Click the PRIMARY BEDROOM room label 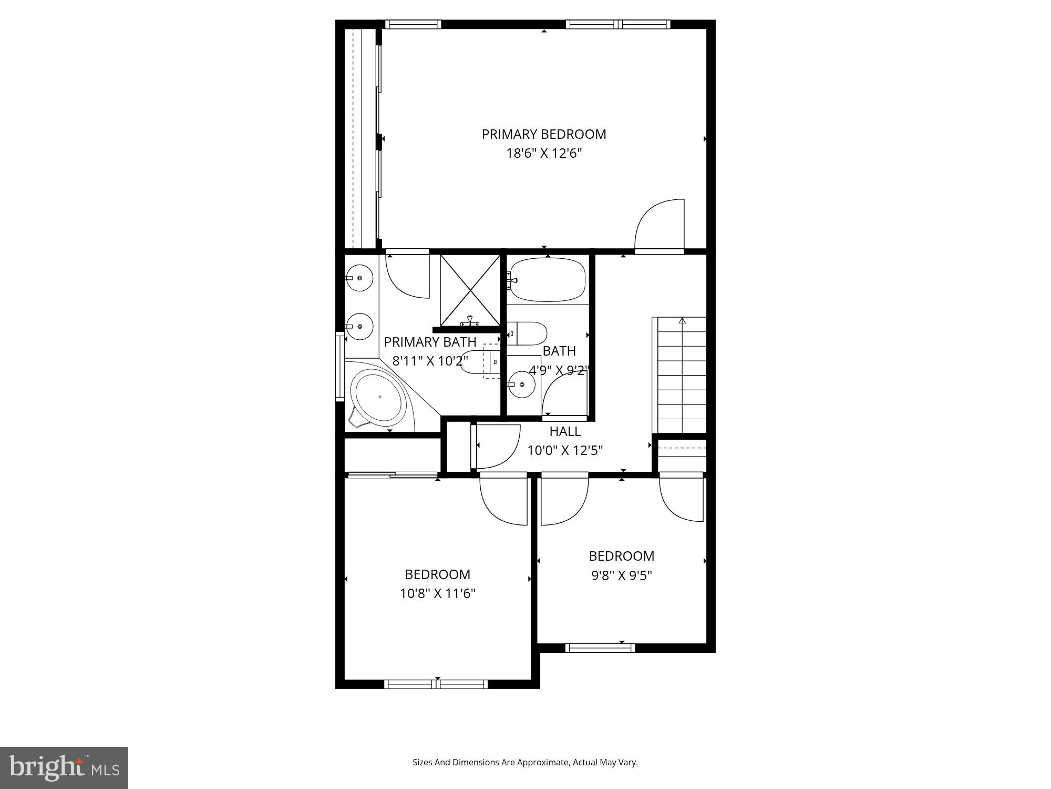544,134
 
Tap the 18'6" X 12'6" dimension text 544,154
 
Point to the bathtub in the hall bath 548,279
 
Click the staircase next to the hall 682,375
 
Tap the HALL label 565,431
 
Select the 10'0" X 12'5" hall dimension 565,451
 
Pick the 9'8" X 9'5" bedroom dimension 622,575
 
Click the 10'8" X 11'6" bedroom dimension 437,594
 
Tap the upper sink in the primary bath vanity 359,278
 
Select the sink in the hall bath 521,385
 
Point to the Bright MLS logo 64,767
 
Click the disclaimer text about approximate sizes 525,762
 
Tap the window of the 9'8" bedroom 600,648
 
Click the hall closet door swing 497,447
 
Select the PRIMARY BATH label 430,342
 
